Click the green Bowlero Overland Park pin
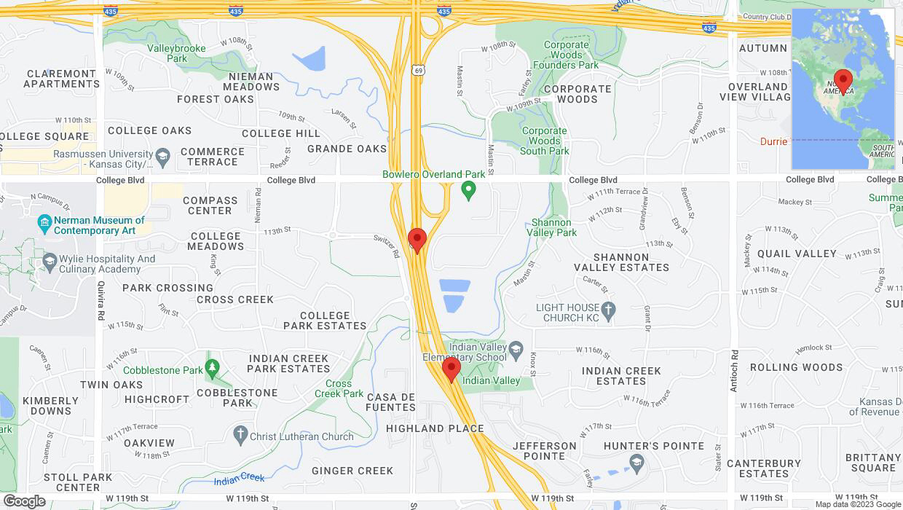coord(468,191)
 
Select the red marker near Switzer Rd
coord(417,240)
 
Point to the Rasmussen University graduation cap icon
coord(163,155)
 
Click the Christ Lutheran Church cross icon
coord(240,435)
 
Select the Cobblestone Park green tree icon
coord(212,366)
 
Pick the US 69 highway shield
coord(416,69)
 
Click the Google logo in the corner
coord(24,501)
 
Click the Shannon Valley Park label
coord(551,227)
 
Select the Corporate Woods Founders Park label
coord(566,55)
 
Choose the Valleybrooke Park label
coord(176,53)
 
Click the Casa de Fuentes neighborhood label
coord(391,402)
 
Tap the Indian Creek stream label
coord(240,478)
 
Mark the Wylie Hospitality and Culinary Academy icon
coord(50,260)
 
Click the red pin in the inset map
coord(843,81)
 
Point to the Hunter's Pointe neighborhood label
coord(653,446)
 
